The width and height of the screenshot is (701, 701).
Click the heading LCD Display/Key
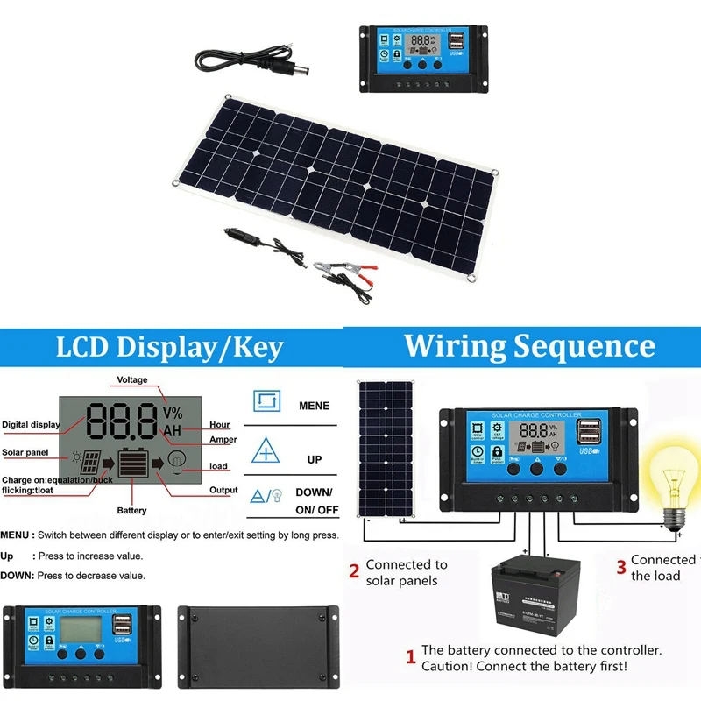[169, 348]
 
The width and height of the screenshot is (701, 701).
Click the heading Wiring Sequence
[528, 344]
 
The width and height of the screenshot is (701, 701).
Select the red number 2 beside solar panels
[354, 572]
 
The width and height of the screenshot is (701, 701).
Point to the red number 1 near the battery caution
[409, 656]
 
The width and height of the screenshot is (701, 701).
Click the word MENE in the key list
[314, 406]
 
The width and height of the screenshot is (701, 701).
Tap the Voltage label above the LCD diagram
[132, 380]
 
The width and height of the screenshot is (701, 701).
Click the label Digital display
[31, 425]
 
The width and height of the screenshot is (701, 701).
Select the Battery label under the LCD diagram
[132, 510]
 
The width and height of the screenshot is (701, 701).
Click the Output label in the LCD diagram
[223, 491]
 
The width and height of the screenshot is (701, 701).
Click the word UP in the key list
[314, 459]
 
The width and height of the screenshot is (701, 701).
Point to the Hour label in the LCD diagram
[219, 424]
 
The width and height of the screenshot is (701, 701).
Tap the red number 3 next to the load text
[621, 568]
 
